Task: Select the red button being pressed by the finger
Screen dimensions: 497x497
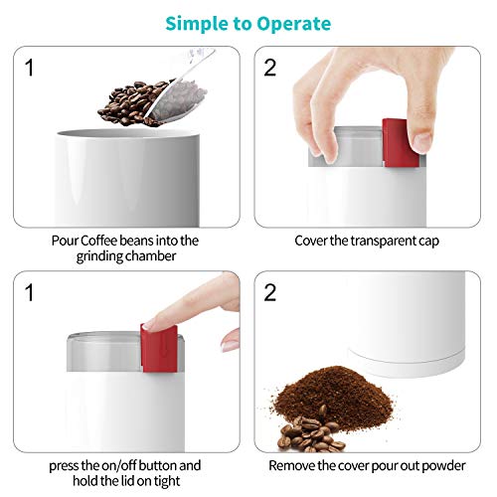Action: pyautogui.click(x=158, y=343)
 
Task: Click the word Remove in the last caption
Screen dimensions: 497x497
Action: pyautogui.click(x=297, y=464)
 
